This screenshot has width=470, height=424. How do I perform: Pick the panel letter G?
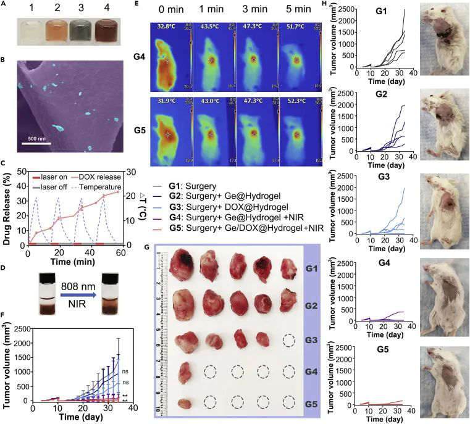[x=146, y=247]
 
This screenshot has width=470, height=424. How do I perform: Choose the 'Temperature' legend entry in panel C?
[x=104, y=186]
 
